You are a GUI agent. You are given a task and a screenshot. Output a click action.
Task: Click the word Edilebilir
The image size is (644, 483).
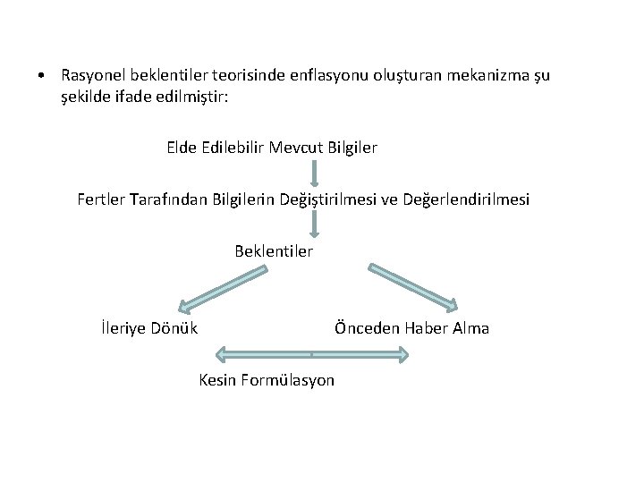[x=238, y=148]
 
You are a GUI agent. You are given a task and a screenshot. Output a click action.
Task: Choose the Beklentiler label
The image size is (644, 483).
[x=274, y=251]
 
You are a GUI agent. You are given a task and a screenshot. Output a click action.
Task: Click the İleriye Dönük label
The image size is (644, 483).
[x=150, y=328]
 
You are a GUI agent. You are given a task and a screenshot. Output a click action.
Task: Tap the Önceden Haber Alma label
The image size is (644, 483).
[x=411, y=328]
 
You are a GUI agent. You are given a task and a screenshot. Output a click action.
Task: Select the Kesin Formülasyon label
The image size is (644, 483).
[x=267, y=380]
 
